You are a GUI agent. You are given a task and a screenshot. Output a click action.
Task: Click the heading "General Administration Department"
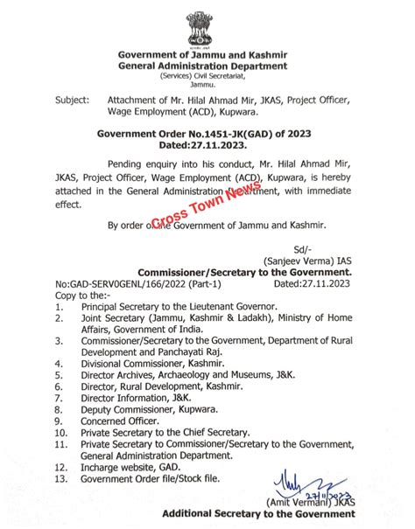207,65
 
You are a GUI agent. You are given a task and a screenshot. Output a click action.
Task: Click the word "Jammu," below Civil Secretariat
207,87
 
